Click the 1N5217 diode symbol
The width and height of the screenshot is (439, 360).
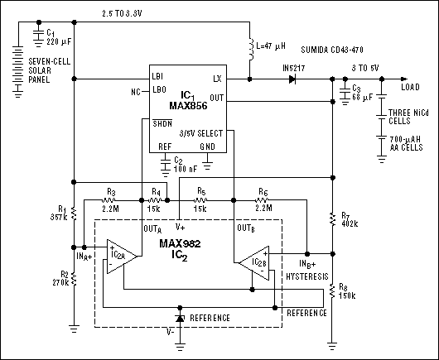click(292, 79)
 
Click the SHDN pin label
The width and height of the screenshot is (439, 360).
click(163, 123)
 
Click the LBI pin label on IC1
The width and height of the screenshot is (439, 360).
click(157, 76)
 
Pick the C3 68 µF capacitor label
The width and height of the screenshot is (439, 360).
click(356, 93)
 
